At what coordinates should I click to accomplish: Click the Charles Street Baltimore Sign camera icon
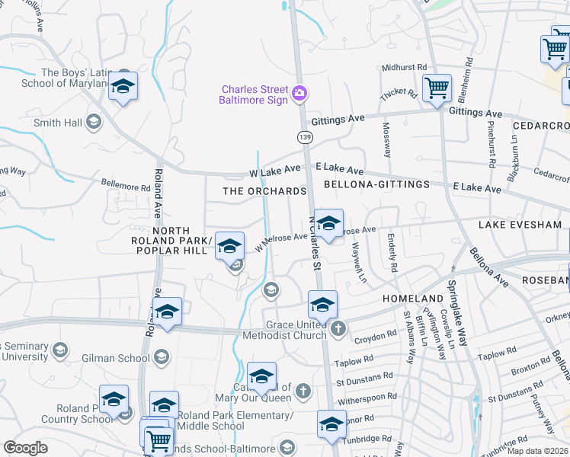[x=300, y=94]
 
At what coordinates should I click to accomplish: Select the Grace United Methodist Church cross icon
[x=338, y=328]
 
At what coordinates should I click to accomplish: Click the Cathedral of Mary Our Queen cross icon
[x=303, y=391]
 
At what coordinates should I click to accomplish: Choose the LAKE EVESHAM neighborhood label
[x=520, y=225]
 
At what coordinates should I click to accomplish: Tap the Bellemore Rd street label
[x=126, y=186]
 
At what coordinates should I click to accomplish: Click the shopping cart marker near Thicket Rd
[x=437, y=88]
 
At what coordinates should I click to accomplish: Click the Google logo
[x=26, y=448]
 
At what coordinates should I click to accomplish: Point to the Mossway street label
[x=387, y=139]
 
